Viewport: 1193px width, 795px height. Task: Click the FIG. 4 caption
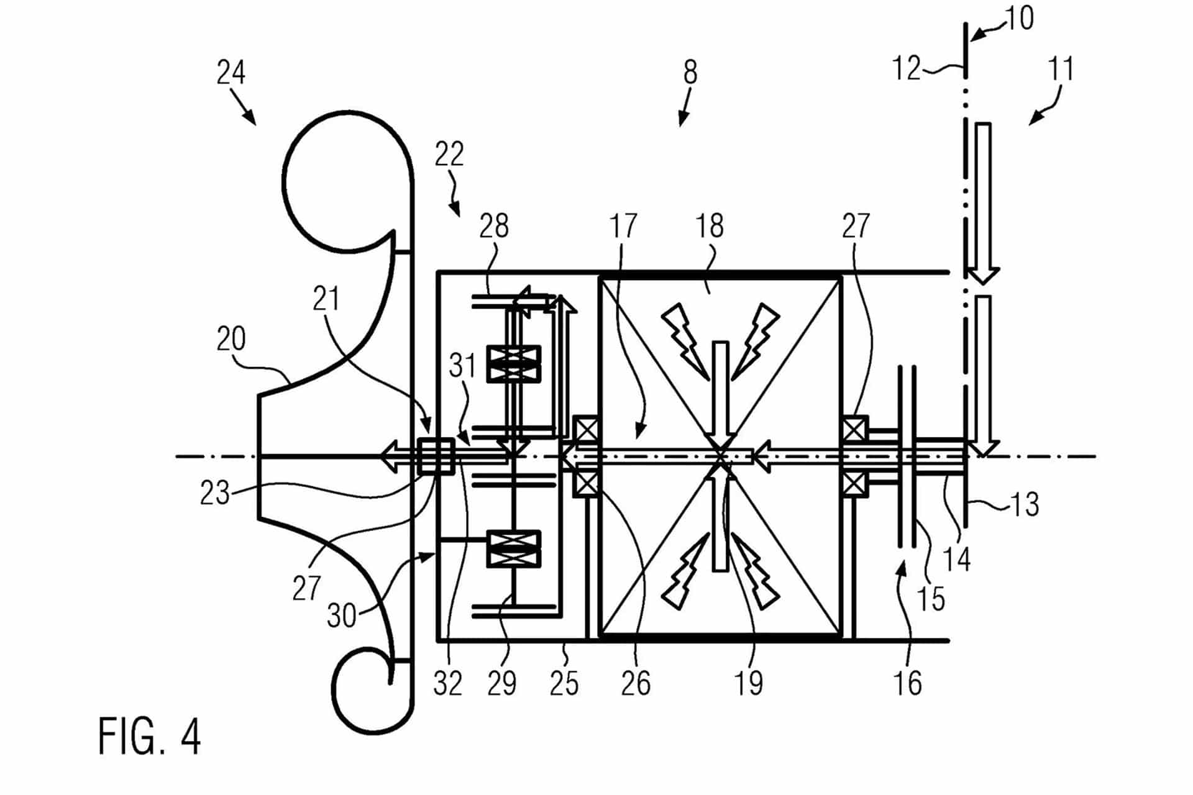150,735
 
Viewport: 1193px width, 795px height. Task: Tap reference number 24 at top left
231,73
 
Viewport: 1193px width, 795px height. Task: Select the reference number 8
690,73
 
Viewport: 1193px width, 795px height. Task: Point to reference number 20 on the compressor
231,339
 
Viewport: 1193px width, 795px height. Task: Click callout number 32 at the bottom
448,684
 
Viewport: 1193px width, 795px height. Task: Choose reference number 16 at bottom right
907,684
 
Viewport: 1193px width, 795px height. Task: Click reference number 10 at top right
1019,19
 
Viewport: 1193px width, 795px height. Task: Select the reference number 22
449,154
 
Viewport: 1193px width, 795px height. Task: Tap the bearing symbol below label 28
513,364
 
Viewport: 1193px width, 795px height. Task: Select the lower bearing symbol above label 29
513,549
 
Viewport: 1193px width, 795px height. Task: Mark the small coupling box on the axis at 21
436,457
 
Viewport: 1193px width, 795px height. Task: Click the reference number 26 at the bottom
635,684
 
